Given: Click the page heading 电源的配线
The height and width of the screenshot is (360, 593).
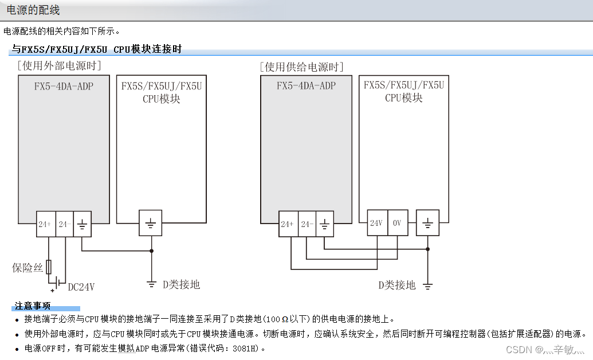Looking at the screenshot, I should pyautogui.click(x=33, y=10).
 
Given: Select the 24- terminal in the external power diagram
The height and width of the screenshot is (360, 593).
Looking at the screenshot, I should pyautogui.click(x=64, y=224).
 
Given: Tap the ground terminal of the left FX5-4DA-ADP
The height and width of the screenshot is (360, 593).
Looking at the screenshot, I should pyautogui.click(x=82, y=224).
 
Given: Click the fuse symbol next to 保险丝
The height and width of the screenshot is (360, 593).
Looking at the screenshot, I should pyautogui.click(x=48, y=267).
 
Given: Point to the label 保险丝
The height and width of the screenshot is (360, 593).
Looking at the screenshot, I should pyautogui.click(x=28, y=267).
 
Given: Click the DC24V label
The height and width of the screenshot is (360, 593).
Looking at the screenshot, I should pyautogui.click(x=81, y=287).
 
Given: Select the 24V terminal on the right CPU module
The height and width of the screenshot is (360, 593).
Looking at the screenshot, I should pyautogui.click(x=376, y=223).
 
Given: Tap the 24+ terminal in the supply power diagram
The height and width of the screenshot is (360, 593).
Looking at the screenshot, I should pyautogui.click(x=288, y=224).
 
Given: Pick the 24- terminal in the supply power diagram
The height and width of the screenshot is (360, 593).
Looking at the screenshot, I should pyautogui.click(x=307, y=224).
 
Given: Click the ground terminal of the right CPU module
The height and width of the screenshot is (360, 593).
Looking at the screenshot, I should pyautogui.click(x=427, y=223).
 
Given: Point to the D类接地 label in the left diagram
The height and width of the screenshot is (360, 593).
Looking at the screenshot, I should pyautogui.click(x=182, y=284).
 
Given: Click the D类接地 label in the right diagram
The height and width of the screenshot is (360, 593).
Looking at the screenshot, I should pyautogui.click(x=396, y=285).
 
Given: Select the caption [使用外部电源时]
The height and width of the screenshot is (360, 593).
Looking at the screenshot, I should pyautogui.click(x=60, y=66).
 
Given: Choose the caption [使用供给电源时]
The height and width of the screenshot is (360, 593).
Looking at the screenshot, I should pyautogui.click(x=301, y=67).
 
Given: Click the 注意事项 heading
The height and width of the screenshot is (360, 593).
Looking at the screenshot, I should pyautogui.click(x=33, y=306).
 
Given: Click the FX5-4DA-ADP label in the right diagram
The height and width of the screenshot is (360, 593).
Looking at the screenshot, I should pyautogui.click(x=306, y=86).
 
